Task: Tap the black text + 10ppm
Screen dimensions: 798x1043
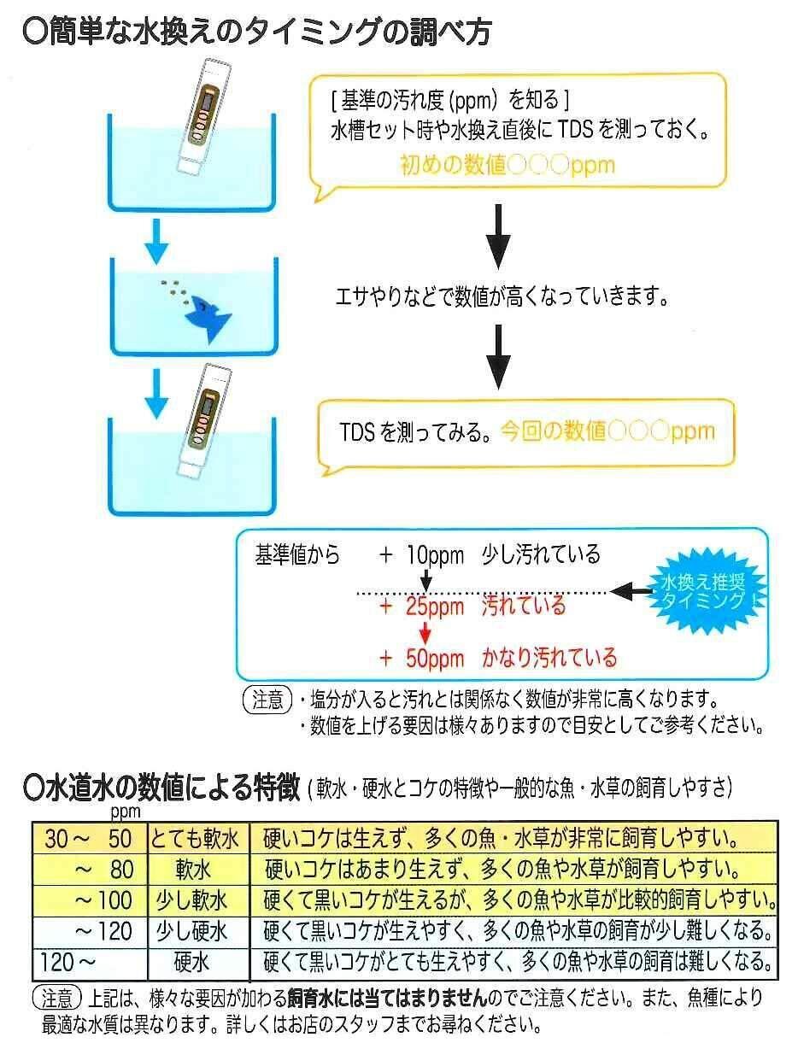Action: click(x=423, y=556)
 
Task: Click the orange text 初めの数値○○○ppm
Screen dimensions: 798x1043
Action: click(x=507, y=165)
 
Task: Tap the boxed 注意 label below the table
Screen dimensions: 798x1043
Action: click(x=56, y=997)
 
